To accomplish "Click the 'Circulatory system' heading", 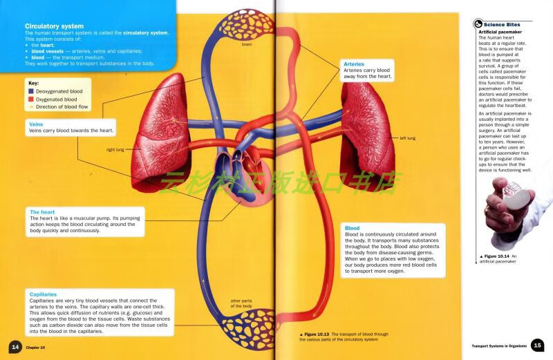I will (x=54, y=26).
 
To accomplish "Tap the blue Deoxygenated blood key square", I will (x=31, y=91).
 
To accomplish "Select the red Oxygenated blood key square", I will (x=31, y=100).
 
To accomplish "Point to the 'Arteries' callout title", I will (x=354, y=64).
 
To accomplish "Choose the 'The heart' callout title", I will (x=42, y=211).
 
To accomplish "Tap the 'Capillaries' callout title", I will (x=43, y=294).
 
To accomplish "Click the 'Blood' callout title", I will (x=352, y=228).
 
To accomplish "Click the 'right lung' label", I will (x=115, y=149).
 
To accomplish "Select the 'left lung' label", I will (x=408, y=138).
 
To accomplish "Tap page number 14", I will (x=15, y=346).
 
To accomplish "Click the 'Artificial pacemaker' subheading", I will (x=500, y=32).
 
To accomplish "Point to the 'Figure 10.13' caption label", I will (x=319, y=334).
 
